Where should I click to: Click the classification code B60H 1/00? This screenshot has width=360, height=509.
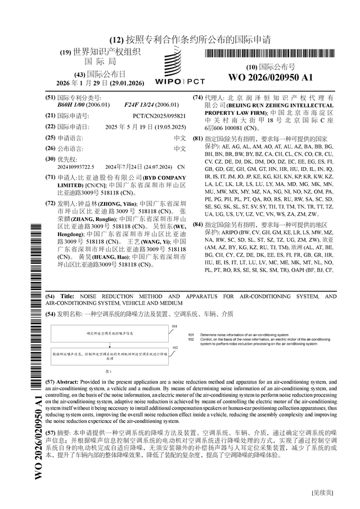click(x=77, y=105)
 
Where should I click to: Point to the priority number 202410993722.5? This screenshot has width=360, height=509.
click(x=76, y=167)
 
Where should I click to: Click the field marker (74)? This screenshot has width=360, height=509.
click(x=197, y=97)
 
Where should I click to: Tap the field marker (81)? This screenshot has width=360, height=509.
click(x=197, y=138)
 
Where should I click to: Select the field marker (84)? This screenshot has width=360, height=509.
click(x=197, y=224)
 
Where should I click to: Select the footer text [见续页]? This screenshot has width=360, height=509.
click(x=322, y=493)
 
